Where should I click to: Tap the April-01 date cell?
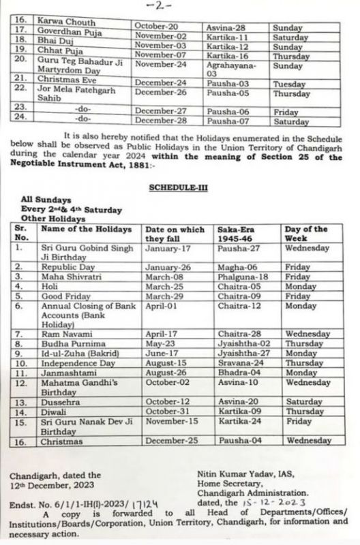pyautogui.click(x=161, y=307)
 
